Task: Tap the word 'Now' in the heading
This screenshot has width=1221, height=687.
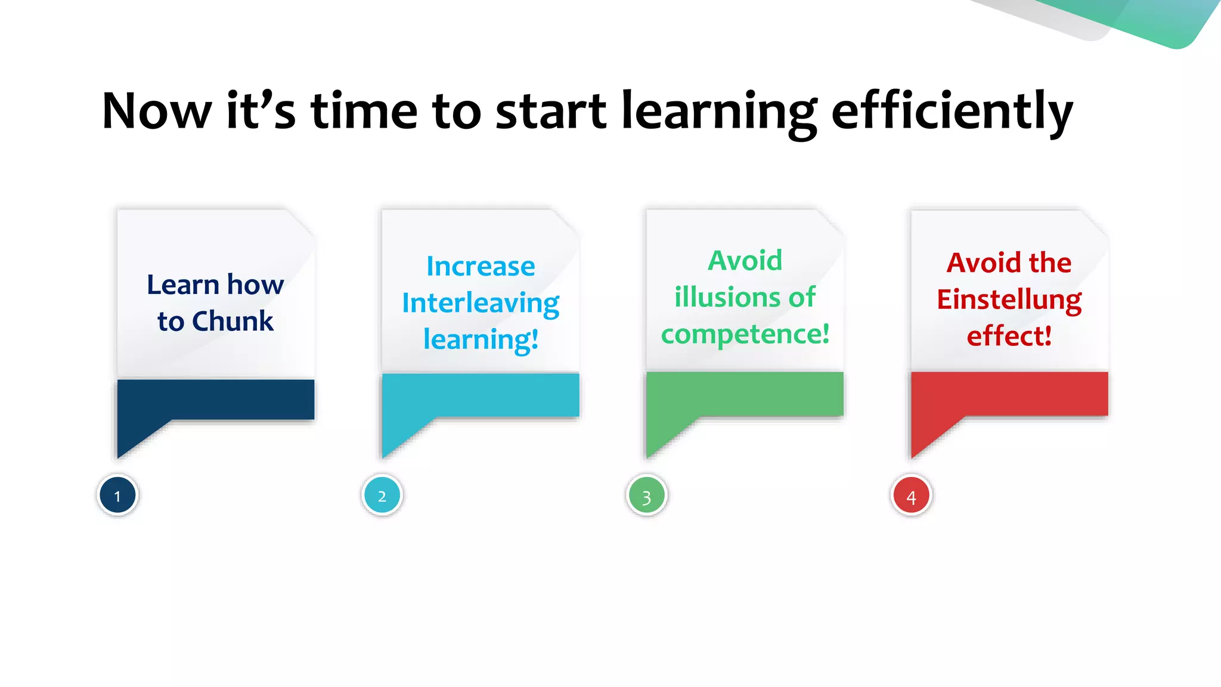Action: point(157,112)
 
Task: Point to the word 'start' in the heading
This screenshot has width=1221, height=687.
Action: point(551,112)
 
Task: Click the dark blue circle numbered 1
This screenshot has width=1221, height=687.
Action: point(117,496)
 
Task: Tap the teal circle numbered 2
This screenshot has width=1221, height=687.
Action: point(382,496)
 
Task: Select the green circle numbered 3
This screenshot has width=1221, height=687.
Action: point(646,496)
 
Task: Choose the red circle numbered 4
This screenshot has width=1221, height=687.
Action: point(911,496)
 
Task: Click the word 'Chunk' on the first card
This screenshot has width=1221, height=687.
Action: point(233,321)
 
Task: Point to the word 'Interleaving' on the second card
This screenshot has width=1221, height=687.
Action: point(481,304)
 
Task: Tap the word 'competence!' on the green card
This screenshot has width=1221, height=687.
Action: point(745,334)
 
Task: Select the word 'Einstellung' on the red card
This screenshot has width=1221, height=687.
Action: point(1009,299)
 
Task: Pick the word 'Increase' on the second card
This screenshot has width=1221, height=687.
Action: point(481,267)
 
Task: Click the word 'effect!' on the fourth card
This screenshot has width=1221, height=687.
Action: point(1009,336)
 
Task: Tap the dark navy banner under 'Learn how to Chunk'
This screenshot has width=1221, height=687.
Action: point(216,399)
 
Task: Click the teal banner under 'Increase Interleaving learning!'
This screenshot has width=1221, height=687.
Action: point(481,395)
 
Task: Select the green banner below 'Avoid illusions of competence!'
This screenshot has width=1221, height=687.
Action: point(745,394)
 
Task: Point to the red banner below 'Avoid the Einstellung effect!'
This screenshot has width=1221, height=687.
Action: point(1009,394)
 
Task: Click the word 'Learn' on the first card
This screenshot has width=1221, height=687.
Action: point(183,285)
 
